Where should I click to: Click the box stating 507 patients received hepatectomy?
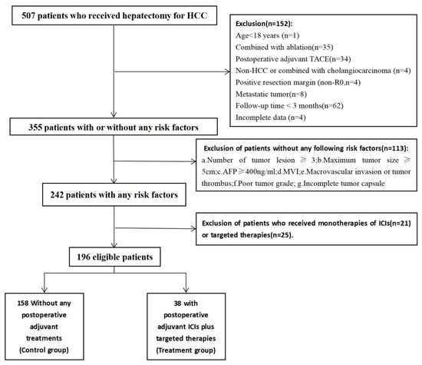(x=114, y=16)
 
